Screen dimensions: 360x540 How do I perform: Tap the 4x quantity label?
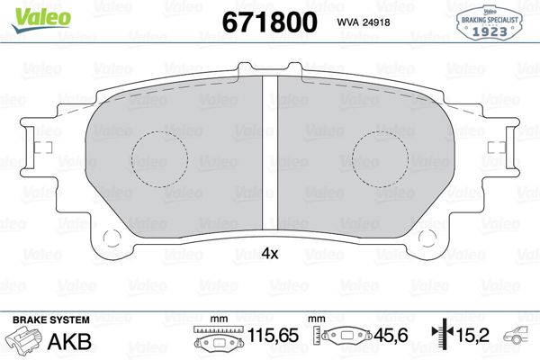(269, 254)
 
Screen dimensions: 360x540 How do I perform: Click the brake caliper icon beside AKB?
(26, 342)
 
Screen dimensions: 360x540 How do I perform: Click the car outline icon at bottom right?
(523, 340)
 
